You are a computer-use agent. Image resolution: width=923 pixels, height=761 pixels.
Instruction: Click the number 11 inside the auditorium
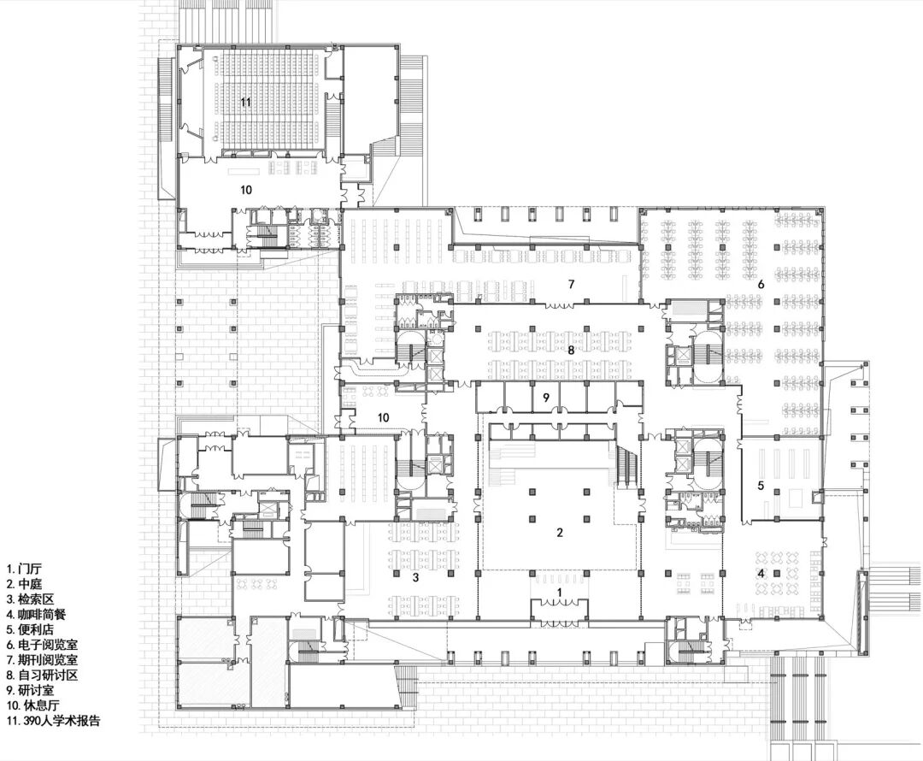coord(245,103)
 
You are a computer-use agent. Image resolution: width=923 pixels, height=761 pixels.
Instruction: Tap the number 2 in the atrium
coord(560,533)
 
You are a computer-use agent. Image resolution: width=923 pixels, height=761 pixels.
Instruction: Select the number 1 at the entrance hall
coord(560,592)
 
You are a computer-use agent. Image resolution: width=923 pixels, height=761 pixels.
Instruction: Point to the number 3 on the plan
coord(416,578)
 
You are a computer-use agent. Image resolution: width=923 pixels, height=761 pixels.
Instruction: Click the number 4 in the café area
coord(761,573)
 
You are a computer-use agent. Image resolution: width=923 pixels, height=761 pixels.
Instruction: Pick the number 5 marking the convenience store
coord(761,485)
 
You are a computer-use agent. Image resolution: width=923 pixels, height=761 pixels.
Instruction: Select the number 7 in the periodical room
coord(573,283)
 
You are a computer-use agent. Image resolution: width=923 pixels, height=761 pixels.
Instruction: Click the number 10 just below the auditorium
coord(245,190)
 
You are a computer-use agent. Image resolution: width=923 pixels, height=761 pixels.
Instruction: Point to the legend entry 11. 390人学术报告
coord(53,721)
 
